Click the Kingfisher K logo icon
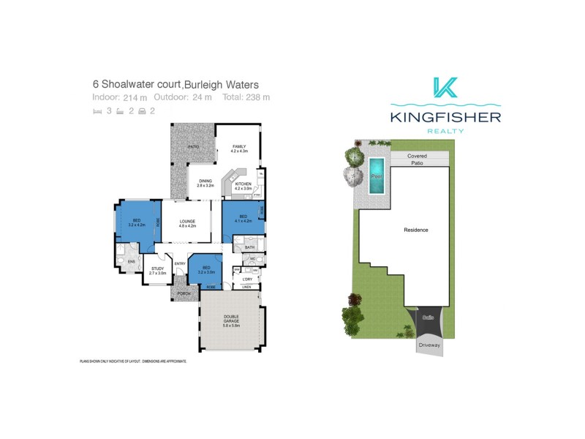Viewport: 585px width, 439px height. pyautogui.click(x=445, y=88)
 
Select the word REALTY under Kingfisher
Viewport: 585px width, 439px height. pyautogui.click(x=445, y=130)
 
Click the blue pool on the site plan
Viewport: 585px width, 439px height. pyautogui.click(x=377, y=176)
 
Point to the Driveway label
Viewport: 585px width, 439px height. pyautogui.click(x=429, y=344)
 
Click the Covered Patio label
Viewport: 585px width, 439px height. pyautogui.click(x=418, y=160)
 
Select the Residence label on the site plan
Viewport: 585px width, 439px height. pyautogui.click(x=416, y=230)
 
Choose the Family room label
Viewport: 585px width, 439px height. pyautogui.click(x=240, y=149)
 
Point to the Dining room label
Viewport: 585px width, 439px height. pyautogui.click(x=205, y=184)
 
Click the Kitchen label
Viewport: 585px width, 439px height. pyautogui.click(x=243, y=186)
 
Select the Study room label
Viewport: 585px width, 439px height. pyautogui.click(x=158, y=271)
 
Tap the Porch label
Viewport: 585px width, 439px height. pyautogui.click(x=183, y=293)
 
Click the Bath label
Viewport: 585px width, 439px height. pyautogui.click(x=249, y=248)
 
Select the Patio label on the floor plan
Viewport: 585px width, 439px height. pyautogui.click(x=193, y=147)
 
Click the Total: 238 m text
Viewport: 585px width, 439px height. pyautogui.click(x=246, y=97)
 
